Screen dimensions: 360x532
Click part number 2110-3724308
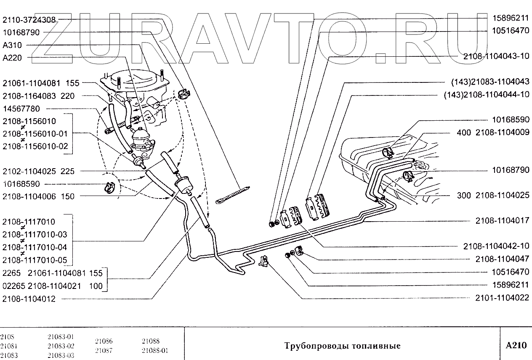pyautogui.click(x=29, y=19)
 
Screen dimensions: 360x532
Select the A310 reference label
pyautogui.click(x=15, y=45)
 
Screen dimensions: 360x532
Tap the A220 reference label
pyautogui.click(x=15, y=58)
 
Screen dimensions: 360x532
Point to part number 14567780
pyautogui.click(x=21, y=109)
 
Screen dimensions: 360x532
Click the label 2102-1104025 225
pyautogui.click(x=38, y=172)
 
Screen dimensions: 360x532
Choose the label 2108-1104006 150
pyautogui.click(x=38, y=196)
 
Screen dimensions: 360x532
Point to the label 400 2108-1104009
pyautogui.click(x=493, y=132)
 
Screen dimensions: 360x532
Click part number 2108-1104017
pyautogui.click(x=502, y=220)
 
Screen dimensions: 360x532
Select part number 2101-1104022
pyautogui.click(x=502, y=298)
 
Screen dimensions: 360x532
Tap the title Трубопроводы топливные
pyautogui.click(x=342, y=346)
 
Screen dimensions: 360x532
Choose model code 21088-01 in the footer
pyautogui.click(x=155, y=350)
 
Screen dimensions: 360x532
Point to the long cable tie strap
pyautogui.click(x=234, y=194)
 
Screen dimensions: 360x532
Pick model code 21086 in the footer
pyautogui.click(x=104, y=341)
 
